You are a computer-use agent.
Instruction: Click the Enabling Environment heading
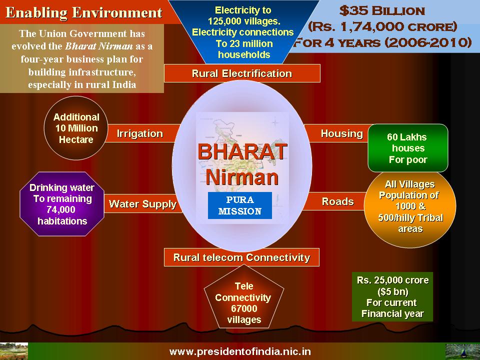coord(84,13)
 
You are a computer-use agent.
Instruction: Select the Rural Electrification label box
coord(242,73)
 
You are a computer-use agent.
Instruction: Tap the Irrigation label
coord(140,133)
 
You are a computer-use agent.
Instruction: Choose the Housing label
coord(341,133)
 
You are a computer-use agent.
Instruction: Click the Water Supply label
coord(142,204)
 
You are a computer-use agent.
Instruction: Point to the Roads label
coord(337,201)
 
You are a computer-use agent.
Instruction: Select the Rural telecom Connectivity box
coord(242,257)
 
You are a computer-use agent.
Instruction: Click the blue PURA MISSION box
coord(239,205)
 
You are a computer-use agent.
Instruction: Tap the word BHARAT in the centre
coord(242,151)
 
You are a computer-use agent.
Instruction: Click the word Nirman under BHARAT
coord(242,177)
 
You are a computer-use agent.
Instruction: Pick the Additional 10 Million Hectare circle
coord(76,128)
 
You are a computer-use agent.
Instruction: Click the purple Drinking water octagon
coord(62,204)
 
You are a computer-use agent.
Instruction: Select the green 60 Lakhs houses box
coord(408,148)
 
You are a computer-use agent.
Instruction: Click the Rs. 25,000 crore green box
coord(392,296)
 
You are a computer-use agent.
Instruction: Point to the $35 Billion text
coord(382,11)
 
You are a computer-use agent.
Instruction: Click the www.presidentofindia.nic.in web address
coord(240,351)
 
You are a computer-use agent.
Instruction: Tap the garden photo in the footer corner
coord(14,351)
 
